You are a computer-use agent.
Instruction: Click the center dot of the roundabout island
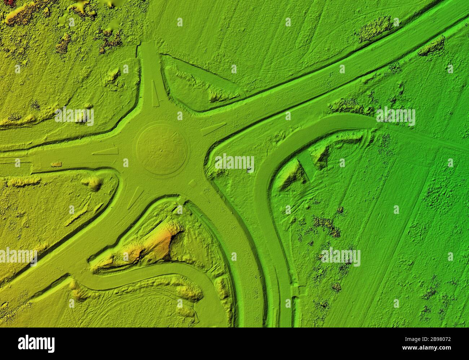pos(161,149)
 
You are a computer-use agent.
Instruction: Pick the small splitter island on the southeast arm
pos(192,183)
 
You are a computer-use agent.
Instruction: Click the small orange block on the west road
pos(56,164)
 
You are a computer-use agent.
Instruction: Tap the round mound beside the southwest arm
pos(94,183)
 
